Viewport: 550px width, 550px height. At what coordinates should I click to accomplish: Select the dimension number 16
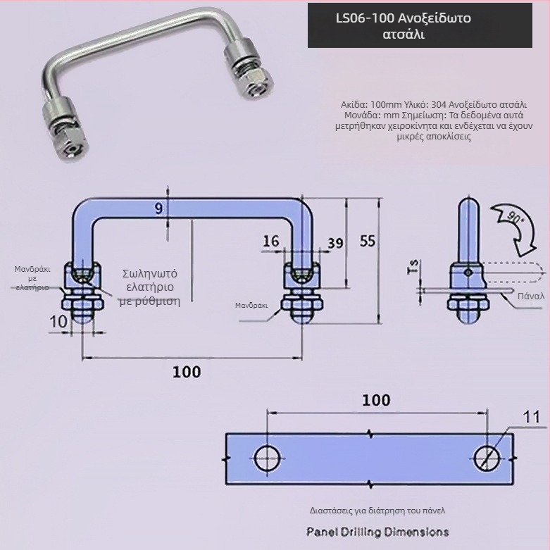click(270, 242)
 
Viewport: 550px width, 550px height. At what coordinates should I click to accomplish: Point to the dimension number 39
click(335, 243)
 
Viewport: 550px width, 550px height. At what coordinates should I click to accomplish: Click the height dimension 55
click(367, 241)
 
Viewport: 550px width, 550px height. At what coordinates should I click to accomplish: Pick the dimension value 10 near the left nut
click(59, 321)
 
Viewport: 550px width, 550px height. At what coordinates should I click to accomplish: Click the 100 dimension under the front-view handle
click(187, 372)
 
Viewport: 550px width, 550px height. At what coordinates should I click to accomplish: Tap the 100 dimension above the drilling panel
click(375, 400)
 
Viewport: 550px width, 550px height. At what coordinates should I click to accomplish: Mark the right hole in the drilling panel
click(487, 458)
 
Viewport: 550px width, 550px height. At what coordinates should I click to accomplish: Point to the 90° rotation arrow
click(515, 225)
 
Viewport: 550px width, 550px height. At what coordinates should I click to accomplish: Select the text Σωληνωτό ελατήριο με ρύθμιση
click(150, 287)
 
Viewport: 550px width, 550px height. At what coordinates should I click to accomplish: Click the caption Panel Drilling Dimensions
click(377, 531)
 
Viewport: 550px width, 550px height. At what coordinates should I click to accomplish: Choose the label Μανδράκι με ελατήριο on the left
click(32, 278)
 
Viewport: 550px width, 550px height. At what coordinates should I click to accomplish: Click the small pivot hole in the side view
click(467, 271)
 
